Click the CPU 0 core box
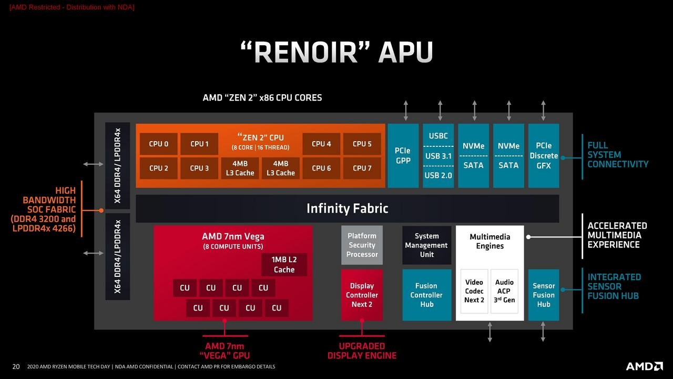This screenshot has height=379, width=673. (x=158, y=144)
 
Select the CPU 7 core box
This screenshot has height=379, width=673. (x=362, y=168)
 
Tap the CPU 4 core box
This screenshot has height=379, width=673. (x=321, y=144)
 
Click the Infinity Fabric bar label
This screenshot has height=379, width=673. (x=347, y=208)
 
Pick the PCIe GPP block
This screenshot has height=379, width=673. (x=403, y=155)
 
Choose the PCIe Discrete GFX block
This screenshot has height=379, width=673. (x=543, y=155)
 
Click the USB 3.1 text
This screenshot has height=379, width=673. (x=438, y=156)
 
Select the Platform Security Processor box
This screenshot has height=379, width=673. (x=362, y=245)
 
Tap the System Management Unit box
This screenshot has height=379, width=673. (x=426, y=245)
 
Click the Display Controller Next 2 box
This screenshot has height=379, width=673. (x=362, y=295)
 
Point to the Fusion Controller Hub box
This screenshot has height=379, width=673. (x=426, y=295)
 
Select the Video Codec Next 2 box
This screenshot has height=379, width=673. (x=474, y=291)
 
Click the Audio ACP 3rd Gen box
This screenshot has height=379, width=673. (x=504, y=291)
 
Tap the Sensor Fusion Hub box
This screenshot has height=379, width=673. (x=543, y=295)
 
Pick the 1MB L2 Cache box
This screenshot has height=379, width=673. (x=284, y=265)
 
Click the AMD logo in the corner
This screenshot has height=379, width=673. (x=644, y=366)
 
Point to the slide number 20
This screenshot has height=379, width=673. (x=16, y=366)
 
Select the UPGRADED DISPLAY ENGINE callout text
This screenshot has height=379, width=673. (x=362, y=351)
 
